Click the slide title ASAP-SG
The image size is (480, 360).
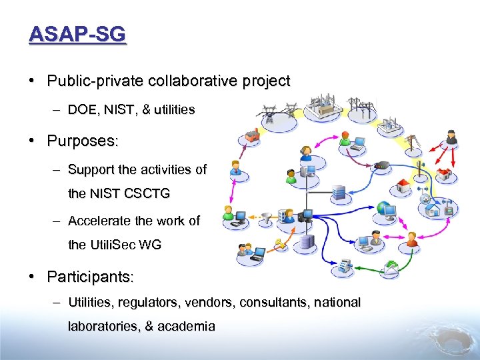[77, 34]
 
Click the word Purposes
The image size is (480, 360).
[82, 141]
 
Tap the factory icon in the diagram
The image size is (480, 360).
[252, 136]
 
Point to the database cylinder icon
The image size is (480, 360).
[306, 242]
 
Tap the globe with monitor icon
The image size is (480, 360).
[388, 210]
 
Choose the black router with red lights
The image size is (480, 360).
[382, 165]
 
